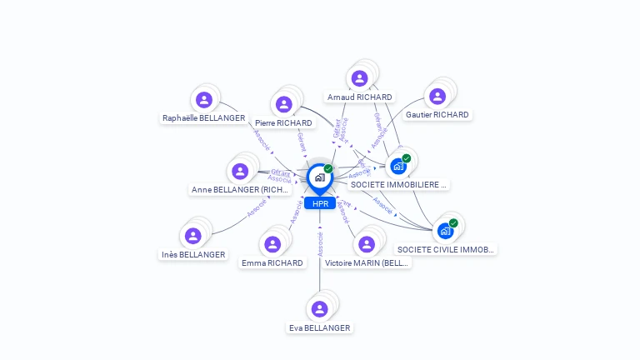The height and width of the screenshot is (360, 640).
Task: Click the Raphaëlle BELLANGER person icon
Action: (x=204, y=100)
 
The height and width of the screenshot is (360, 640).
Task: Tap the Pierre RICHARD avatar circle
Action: (x=284, y=104)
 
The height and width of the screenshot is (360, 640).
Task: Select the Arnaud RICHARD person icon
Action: (x=359, y=78)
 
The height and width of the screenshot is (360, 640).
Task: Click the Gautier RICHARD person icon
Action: (x=437, y=97)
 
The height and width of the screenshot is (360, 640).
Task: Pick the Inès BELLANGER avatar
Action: (x=193, y=236)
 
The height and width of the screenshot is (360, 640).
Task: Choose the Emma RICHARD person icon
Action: (x=272, y=244)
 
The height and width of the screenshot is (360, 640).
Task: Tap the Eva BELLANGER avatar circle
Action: (x=319, y=309)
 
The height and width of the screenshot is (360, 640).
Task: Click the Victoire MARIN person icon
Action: (x=367, y=244)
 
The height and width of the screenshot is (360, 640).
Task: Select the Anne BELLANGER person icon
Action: (x=241, y=171)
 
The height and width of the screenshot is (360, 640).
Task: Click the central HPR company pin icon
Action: (x=319, y=177)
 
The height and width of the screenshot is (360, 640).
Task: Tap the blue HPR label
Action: (x=320, y=203)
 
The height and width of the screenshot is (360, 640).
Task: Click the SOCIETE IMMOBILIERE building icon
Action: (x=398, y=166)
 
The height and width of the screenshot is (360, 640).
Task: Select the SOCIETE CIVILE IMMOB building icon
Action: (x=445, y=230)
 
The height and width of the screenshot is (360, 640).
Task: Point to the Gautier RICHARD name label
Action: (x=437, y=115)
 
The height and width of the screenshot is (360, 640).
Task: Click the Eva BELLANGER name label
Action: (x=319, y=327)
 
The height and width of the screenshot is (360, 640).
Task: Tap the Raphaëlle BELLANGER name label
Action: (x=204, y=118)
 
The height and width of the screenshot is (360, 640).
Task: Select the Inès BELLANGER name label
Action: (x=193, y=254)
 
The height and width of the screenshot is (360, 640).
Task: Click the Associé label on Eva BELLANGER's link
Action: (x=320, y=244)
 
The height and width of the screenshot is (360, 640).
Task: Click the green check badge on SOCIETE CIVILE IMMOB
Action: (x=453, y=222)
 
